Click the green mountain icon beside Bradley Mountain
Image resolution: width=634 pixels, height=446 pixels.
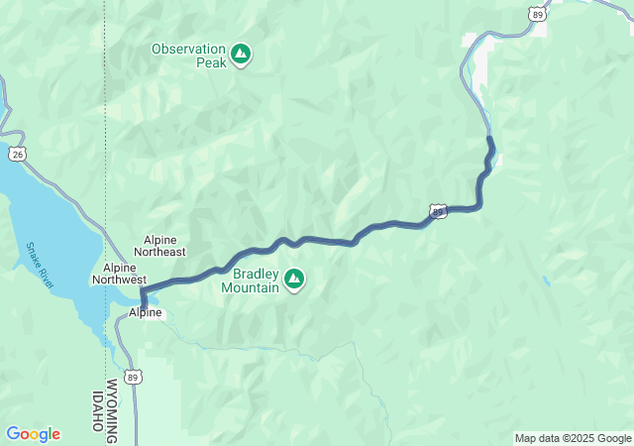(294, 280)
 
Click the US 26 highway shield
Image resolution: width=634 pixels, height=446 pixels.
(16, 154)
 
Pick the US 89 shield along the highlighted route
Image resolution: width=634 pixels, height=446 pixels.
(438, 210)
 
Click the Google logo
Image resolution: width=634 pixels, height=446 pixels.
(33, 433)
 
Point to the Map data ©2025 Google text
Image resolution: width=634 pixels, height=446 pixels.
(572, 438)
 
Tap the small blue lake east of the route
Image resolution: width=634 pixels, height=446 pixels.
(546, 281)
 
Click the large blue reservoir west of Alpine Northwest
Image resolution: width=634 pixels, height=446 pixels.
(50, 228)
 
